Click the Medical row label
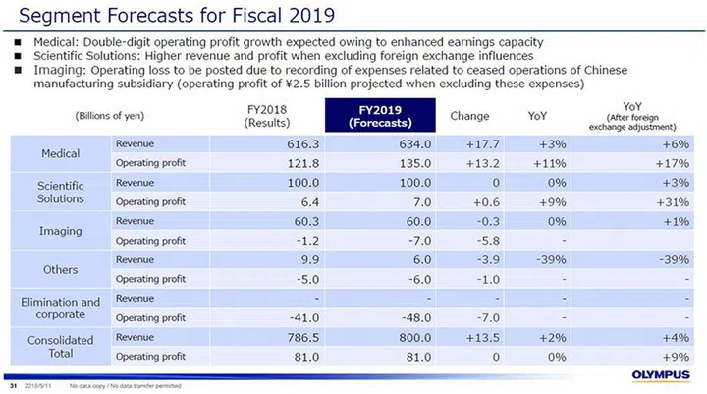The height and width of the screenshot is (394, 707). click(x=61, y=153)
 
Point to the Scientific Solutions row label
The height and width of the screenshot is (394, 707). click(x=61, y=192)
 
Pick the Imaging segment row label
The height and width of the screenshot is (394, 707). click(x=61, y=230)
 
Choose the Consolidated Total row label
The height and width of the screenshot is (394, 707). click(x=61, y=345)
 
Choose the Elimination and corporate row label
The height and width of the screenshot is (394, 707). click(x=61, y=307)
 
